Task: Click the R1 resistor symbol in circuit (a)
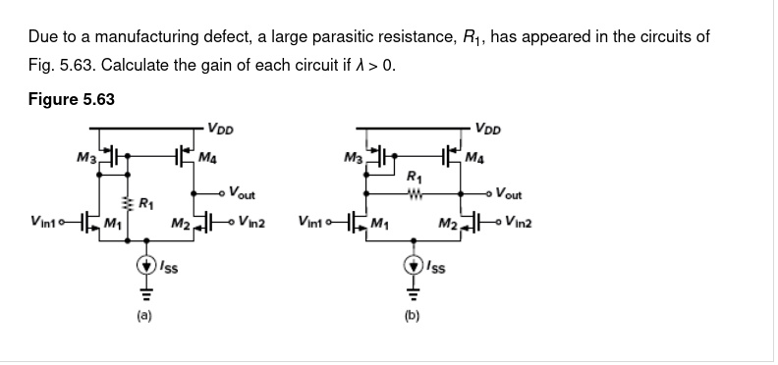coord(126,204)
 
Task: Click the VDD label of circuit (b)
coord(488,129)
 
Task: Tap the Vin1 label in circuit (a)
coord(41,219)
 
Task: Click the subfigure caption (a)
coord(144,317)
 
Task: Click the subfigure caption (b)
coord(413,317)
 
